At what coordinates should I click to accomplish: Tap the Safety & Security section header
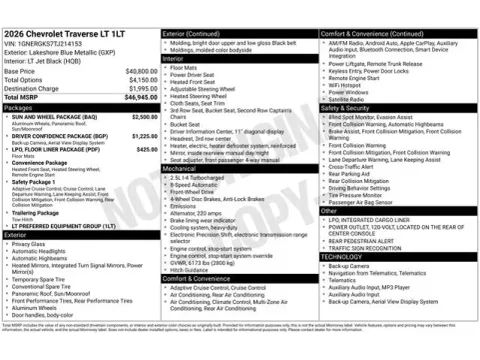point(346,107)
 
